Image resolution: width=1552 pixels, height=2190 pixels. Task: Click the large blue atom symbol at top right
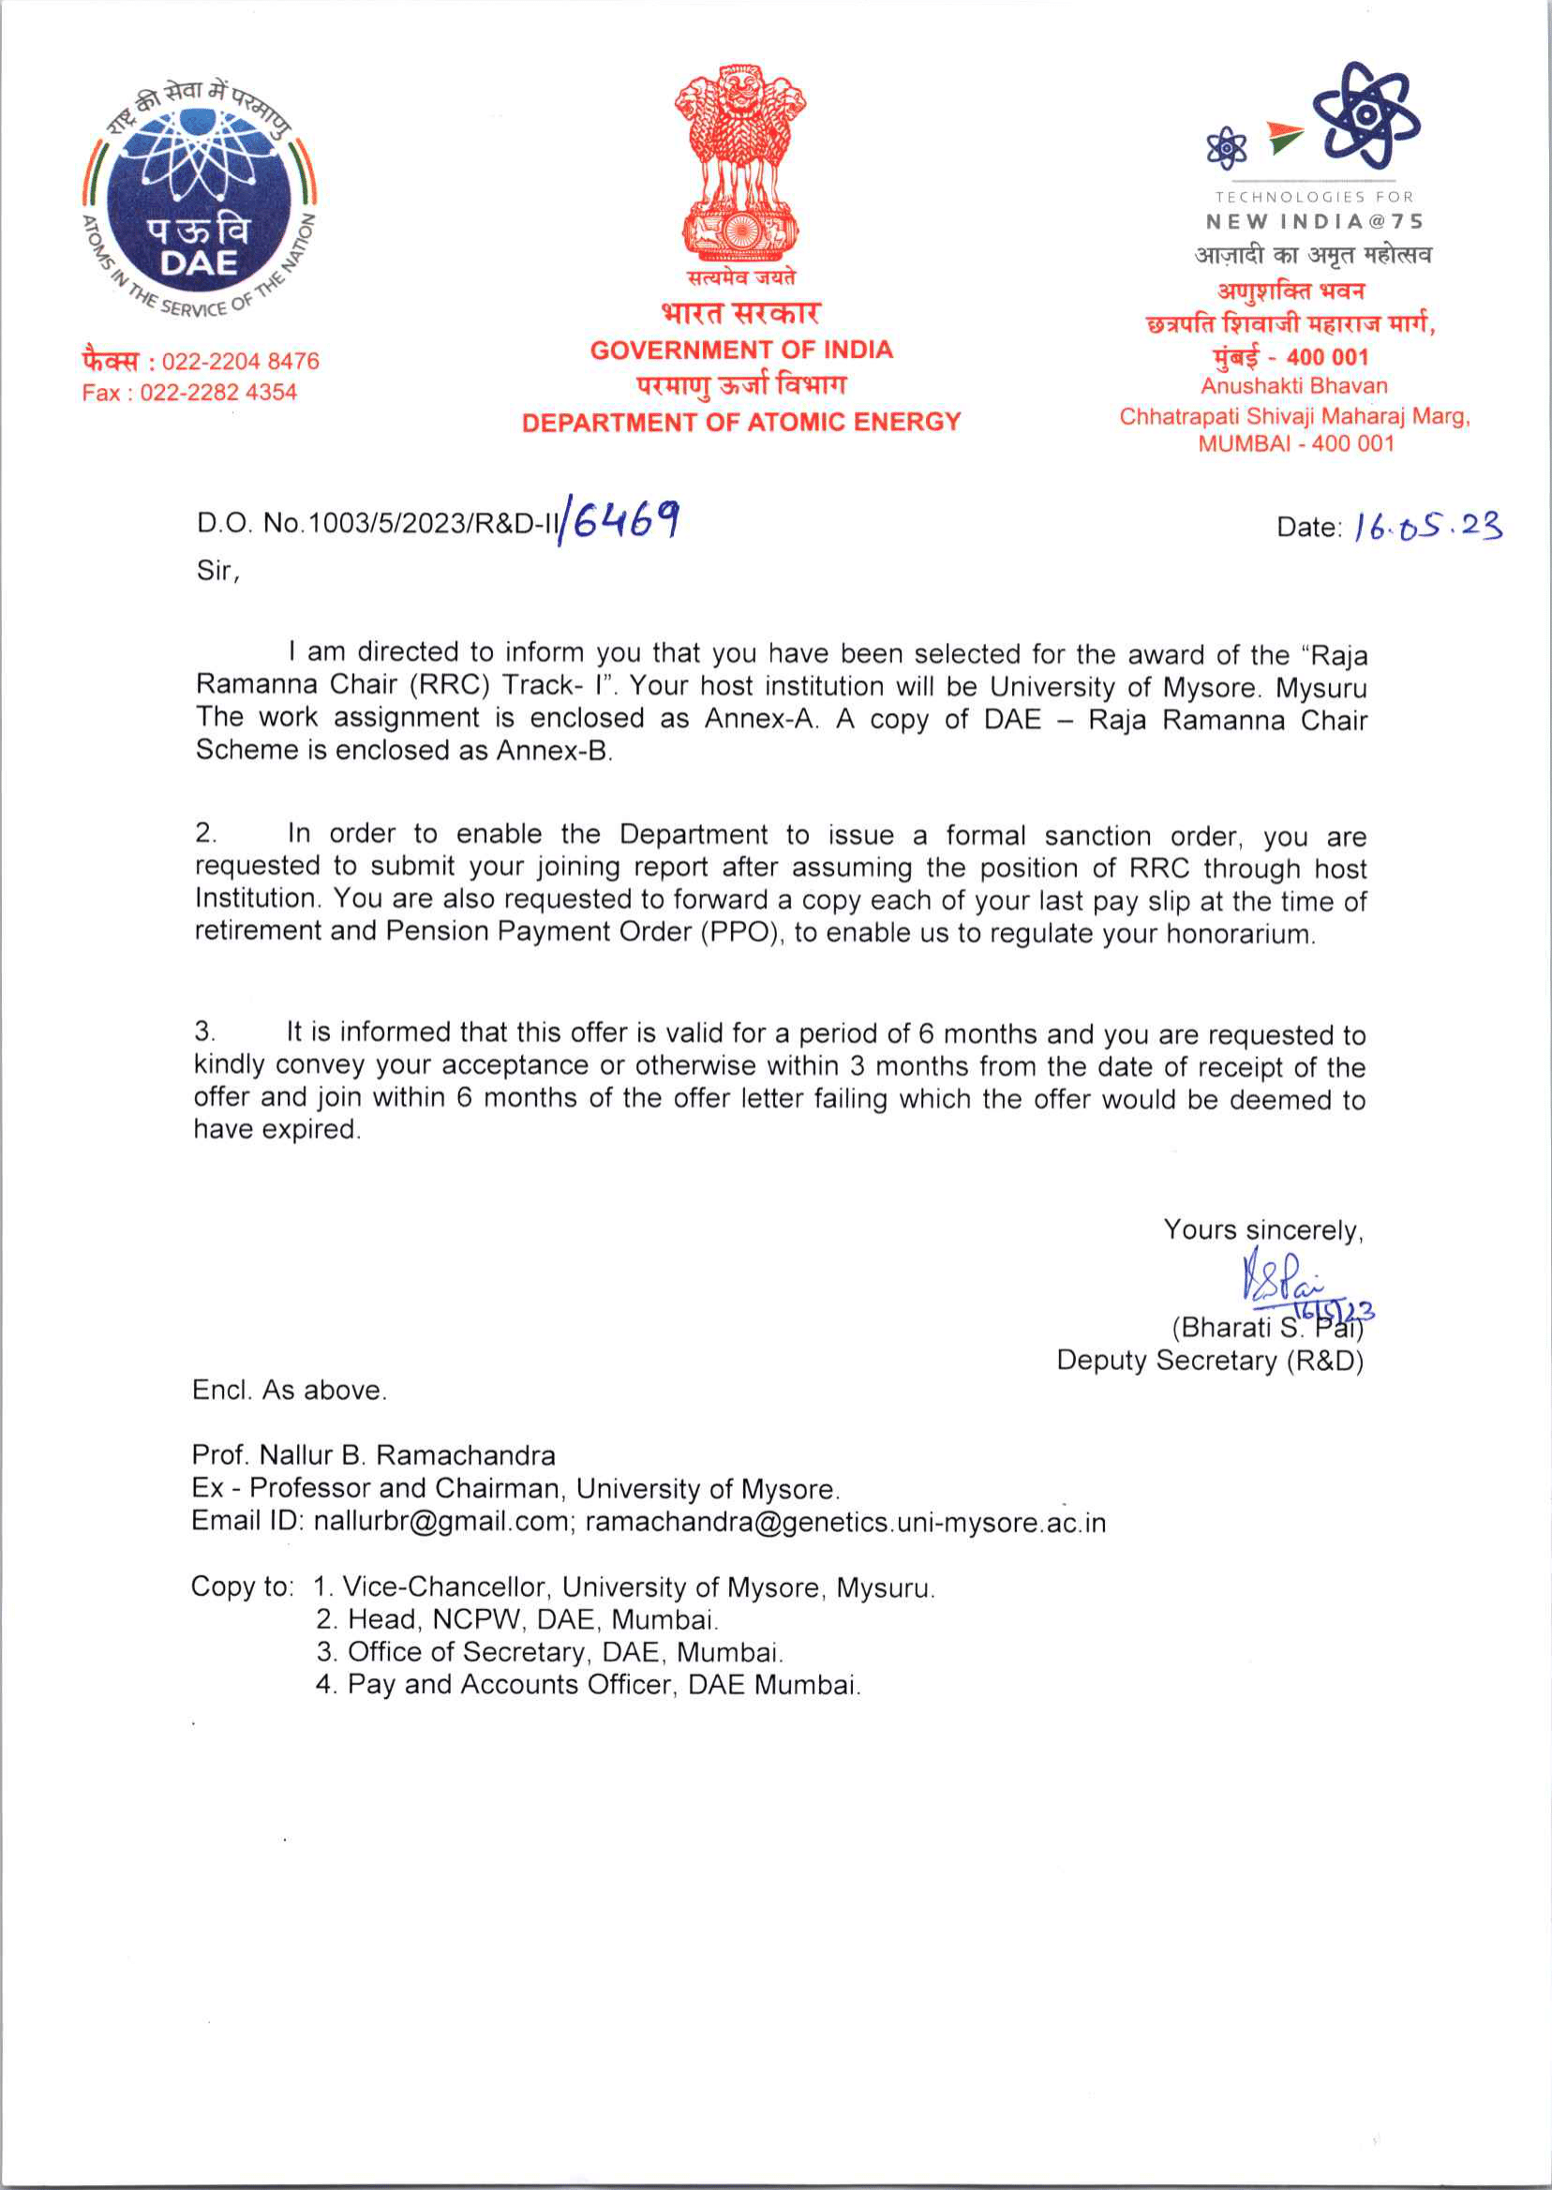tap(1365, 113)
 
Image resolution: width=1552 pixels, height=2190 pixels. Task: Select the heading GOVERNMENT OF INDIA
tap(740, 350)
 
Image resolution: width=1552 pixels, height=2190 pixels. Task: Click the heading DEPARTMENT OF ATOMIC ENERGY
tap(740, 423)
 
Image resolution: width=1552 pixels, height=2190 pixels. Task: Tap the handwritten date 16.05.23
tap(1427, 527)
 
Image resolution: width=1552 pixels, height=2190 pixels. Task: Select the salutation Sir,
tap(217, 572)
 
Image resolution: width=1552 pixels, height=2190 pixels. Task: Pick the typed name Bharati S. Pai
tap(1266, 1328)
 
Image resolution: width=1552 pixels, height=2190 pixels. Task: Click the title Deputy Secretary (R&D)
tap(1209, 1361)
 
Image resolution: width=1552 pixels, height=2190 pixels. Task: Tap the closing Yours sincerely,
tap(1262, 1230)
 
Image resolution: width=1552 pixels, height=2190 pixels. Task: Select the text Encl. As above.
tap(290, 1391)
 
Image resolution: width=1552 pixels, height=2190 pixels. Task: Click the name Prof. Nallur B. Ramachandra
tap(374, 1455)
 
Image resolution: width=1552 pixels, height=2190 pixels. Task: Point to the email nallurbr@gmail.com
tap(440, 1521)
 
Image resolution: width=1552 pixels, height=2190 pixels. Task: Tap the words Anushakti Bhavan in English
tap(1294, 386)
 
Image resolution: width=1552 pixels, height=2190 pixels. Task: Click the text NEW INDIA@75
tap(1314, 222)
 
